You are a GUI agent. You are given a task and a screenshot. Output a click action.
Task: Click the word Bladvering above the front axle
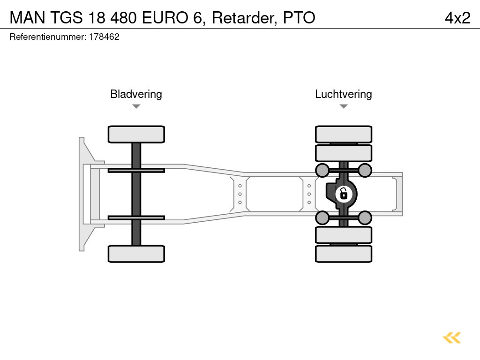tap(136, 94)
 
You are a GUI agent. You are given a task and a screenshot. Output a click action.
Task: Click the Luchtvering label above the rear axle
tap(343, 94)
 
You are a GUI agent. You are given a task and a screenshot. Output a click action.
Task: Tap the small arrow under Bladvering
tap(136, 106)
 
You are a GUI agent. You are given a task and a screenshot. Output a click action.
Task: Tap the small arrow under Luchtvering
tap(344, 106)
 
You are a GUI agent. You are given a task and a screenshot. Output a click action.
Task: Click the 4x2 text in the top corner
tap(457, 18)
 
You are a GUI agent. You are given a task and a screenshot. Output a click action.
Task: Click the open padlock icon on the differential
tap(344, 193)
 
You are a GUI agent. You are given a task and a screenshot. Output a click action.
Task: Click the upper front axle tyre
tap(136, 134)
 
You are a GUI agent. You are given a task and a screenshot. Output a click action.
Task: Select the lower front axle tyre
tap(136, 254)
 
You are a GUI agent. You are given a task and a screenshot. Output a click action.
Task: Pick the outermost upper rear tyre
tap(344, 134)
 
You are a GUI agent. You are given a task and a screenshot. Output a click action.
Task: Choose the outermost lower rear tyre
tap(344, 254)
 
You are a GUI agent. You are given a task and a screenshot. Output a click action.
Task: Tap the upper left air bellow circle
tap(322, 170)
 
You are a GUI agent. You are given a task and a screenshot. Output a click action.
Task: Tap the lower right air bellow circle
tap(365, 217)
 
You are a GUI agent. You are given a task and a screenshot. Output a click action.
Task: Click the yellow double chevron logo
tap(452, 337)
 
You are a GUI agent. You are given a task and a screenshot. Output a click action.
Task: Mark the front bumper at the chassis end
tap(83, 194)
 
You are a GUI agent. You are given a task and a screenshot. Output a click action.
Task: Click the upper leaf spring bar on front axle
tap(136, 170)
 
